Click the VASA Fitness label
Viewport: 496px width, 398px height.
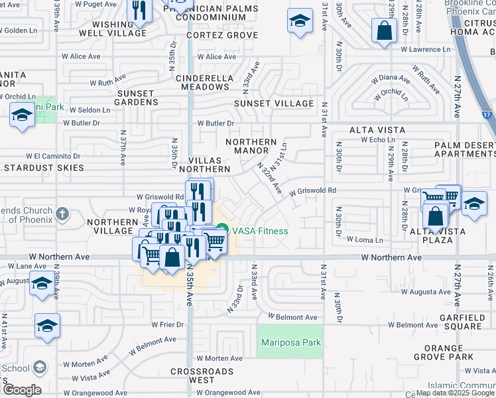pos(260,231)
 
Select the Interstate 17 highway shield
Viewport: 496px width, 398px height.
pos(488,115)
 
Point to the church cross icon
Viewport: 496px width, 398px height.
pos(62,214)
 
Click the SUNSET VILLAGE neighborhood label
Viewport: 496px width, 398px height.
pos(274,103)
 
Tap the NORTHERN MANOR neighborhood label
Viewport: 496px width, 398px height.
pos(251,146)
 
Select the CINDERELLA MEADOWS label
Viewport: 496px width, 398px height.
pos(205,82)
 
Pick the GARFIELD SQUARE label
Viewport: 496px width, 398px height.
pos(464,322)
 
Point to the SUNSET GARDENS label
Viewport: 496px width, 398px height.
pos(137,98)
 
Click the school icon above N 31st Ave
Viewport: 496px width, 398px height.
pos(300,21)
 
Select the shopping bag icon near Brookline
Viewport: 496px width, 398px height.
pos(384,31)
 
